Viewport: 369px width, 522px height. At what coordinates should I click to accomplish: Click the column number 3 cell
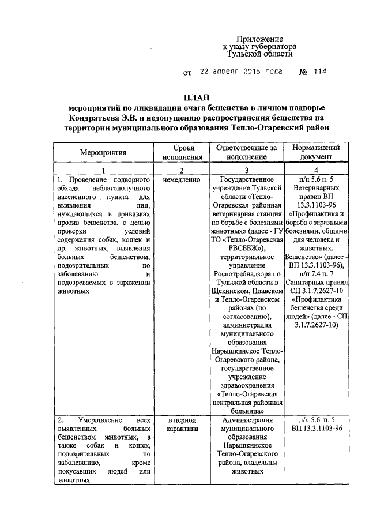tap(247, 170)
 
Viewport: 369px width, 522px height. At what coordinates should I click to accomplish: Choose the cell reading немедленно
tap(181, 180)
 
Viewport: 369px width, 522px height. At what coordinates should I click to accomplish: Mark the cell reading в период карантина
tap(181, 425)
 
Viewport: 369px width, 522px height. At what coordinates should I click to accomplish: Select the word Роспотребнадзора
tap(247, 273)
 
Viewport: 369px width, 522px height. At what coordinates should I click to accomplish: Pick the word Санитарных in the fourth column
tap(316, 281)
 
